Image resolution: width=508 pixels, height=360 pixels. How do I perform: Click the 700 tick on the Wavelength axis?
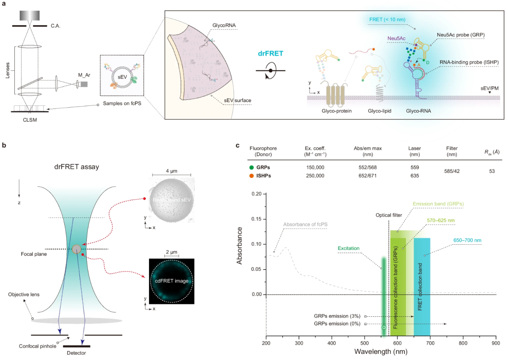pos(430,343)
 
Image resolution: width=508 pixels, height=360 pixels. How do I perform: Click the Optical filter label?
pos(388,215)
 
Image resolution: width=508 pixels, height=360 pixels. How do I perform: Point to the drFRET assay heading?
pos(77,167)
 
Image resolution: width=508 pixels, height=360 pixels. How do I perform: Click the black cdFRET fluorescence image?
pos(171,281)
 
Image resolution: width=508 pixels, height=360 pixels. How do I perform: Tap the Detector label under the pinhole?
pos(76,353)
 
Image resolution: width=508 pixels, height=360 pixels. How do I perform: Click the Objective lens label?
pos(23,294)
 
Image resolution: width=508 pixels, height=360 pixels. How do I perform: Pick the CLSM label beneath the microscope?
pos(30,119)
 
